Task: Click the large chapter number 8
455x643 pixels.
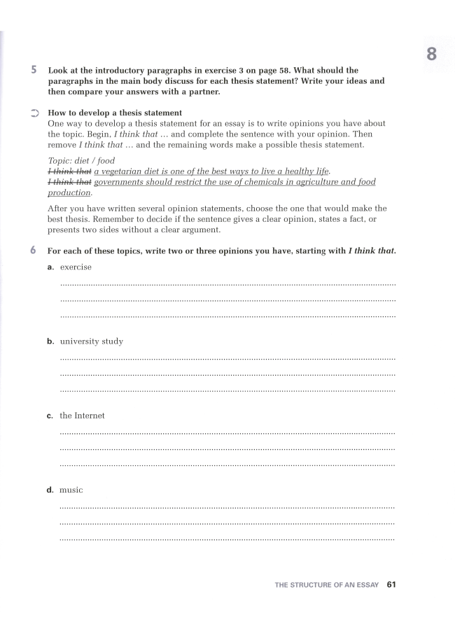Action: click(431, 53)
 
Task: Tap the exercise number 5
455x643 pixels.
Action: click(34, 71)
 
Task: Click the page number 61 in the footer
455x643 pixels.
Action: click(391, 584)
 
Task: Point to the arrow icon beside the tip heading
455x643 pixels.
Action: click(34, 112)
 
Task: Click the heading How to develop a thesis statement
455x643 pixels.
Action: click(114, 113)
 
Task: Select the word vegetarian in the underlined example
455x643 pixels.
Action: click(127, 171)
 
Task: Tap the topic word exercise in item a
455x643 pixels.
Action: click(76, 267)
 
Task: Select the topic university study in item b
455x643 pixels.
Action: click(91, 341)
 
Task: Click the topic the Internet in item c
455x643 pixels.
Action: click(82, 416)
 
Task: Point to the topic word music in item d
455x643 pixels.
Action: click(71, 490)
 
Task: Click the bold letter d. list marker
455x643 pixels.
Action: click(50, 490)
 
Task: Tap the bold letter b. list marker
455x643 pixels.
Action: click(50, 341)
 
